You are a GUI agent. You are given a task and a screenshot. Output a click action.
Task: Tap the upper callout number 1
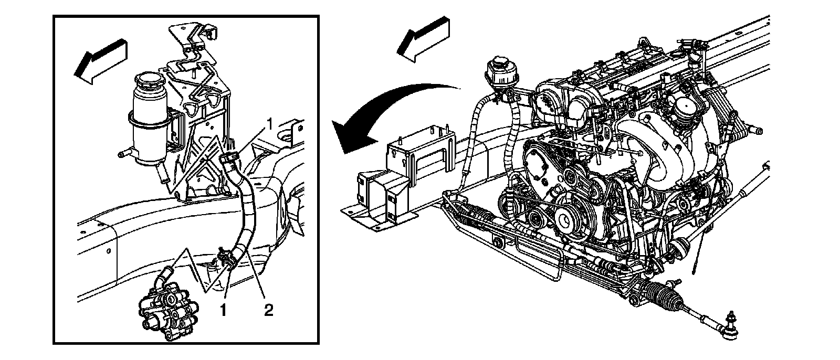point(269,124)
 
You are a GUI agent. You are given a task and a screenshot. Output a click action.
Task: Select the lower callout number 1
point(224,310)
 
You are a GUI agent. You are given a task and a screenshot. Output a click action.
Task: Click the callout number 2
point(268,310)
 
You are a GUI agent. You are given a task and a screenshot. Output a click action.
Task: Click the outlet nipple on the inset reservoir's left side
point(124,153)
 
